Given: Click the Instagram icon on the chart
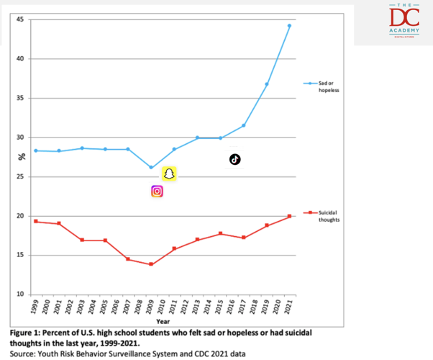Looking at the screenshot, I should coord(157,191).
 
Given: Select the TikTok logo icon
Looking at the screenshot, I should coord(234,159).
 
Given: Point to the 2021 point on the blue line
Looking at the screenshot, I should coord(289,26).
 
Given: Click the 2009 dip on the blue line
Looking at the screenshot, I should coord(150,167).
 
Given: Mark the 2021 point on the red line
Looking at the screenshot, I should coord(289,216).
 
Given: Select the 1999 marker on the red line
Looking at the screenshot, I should coord(35,221).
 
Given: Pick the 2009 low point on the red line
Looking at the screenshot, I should coord(150,264).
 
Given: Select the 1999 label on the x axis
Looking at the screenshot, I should coord(35,307).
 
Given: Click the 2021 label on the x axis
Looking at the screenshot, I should coord(289,307).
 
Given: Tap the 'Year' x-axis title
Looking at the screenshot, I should coord(163,321).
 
